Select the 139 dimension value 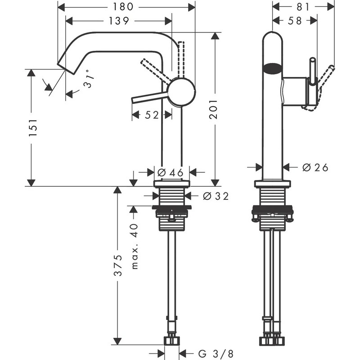119,21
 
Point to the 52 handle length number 152,115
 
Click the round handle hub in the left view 182,91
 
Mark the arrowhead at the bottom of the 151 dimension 31,182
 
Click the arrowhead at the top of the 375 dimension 117,190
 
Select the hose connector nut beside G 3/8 172,340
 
